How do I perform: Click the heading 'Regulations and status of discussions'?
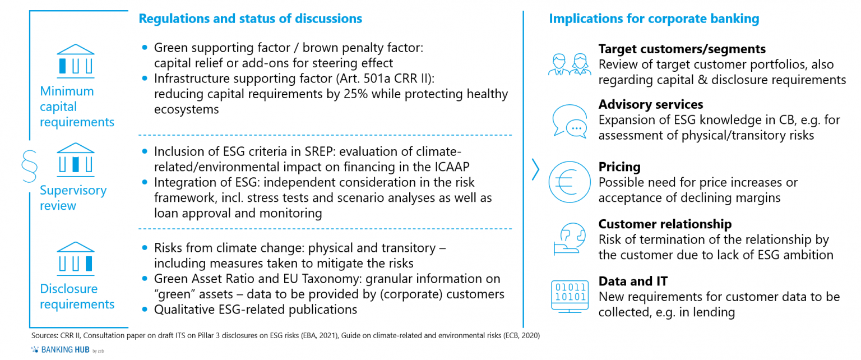pos(250,19)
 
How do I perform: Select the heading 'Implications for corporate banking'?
pos(654,19)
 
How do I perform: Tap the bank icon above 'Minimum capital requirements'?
pos(76,59)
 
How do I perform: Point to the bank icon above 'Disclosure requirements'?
pos(76,257)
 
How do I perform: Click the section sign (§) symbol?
pos(29,165)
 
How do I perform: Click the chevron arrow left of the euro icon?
pos(535,170)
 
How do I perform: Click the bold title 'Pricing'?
pos(619,167)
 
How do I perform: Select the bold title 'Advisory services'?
pos(650,104)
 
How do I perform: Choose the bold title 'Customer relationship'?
pos(665,224)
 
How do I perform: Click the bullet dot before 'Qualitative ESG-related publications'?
pos(146,310)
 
